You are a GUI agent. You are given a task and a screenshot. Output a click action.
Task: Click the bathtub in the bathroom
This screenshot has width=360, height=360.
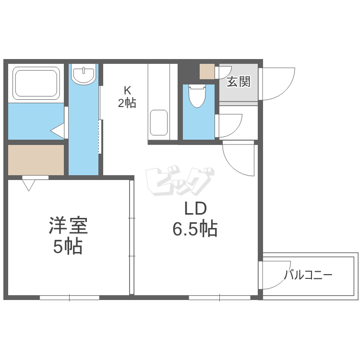point(36,82)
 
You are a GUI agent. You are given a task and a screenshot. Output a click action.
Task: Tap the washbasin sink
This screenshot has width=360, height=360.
point(84,74)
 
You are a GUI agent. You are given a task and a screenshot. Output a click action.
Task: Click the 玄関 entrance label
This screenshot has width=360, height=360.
point(238,82)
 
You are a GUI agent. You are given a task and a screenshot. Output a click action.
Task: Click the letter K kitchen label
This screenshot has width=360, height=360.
point(127,89)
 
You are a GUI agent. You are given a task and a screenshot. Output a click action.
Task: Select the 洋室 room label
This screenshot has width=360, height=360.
point(68,225)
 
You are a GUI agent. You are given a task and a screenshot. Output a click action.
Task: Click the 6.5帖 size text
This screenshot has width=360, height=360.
point(195,230)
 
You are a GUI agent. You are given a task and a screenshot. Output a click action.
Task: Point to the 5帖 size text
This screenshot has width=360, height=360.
point(68,247)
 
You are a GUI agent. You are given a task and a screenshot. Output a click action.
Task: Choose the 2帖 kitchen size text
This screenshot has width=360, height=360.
point(127,102)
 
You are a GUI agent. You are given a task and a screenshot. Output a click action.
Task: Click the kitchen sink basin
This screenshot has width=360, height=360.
point(159,123)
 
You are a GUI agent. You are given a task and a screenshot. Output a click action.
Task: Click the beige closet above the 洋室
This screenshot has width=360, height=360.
point(36,160)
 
